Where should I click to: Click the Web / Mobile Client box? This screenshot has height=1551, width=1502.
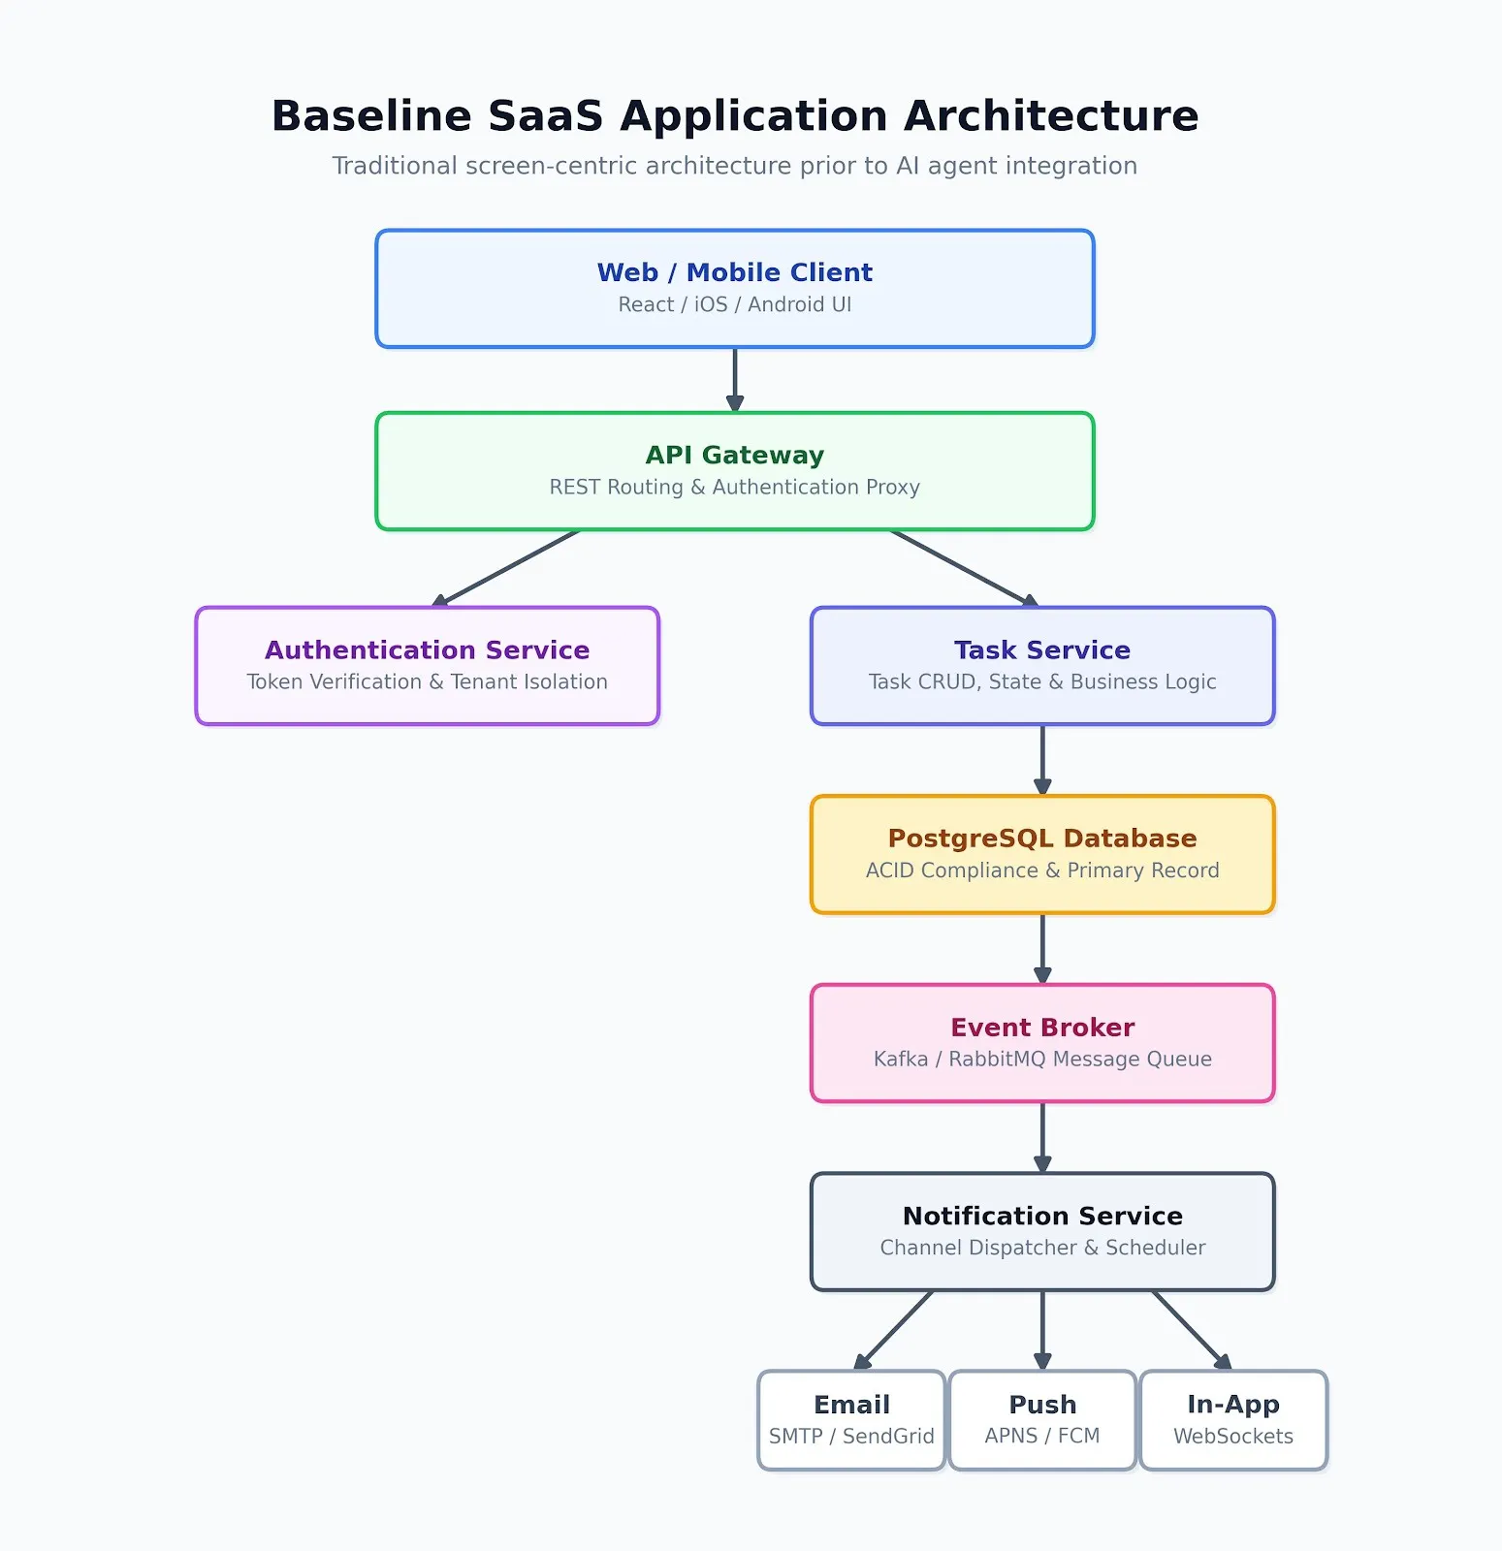pyautogui.click(x=735, y=289)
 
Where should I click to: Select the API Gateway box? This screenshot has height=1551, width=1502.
pyautogui.click(x=735, y=471)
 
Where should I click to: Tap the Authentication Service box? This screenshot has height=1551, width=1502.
pyautogui.click(x=428, y=666)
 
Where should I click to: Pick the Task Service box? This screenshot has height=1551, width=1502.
pyautogui.click(x=1042, y=666)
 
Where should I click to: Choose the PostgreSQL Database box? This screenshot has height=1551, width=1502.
pyautogui.click(x=1042, y=854)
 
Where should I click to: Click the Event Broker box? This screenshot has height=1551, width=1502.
pyautogui.click(x=1042, y=1043)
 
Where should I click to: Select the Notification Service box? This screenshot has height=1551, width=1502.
pyautogui.click(x=1042, y=1231)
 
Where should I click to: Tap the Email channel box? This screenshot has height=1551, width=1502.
pyautogui.click(x=851, y=1420)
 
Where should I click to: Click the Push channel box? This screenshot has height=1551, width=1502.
pyautogui.click(x=1042, y=1420)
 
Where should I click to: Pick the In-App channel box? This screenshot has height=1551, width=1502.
pyautogui.click(x=1233, y=1420)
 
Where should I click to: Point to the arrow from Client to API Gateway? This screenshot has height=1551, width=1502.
pyautogui.click(x=735, y=380)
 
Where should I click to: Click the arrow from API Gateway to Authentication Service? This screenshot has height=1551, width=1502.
pyautogui.click(x=505, y=569)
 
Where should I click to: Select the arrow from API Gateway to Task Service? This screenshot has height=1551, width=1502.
pyautogui.click(x=965, y=569)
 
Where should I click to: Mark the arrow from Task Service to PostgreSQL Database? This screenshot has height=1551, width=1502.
pyautogui.click(x=1042, y=760)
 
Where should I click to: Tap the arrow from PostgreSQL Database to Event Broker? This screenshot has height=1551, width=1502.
pyautogui.click(x=1042, y=949)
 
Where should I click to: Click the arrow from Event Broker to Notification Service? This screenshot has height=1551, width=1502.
pyautogui.click(x=1042, y=1137)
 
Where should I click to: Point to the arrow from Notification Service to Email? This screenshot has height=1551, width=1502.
pyautogui.click(x=893, y=1330)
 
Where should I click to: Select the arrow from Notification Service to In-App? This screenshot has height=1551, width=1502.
pyautogui.click(x=1192, y=1330)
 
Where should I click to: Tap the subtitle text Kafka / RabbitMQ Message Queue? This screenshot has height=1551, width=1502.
pyautogui.click(x=1042, y=1060)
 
